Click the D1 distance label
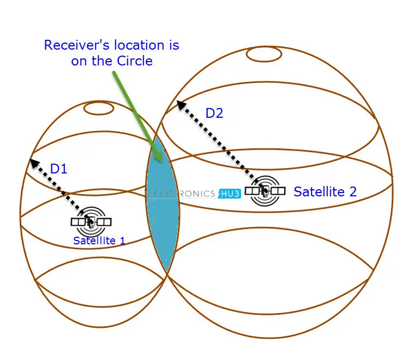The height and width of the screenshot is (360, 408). pyautogui.click(x=58, y=169)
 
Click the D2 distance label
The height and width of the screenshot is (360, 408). pyautogui.click(x=214, y=113)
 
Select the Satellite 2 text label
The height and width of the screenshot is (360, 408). pyautogui.click(x=325, y=191)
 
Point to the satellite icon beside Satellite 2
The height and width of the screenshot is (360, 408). pyautogui.click(x=265, y=190)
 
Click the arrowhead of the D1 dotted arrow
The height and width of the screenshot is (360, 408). pyautogui.click(x=33, y=161)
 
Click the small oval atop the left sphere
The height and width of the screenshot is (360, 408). pyautogui.click(x=99, y=107)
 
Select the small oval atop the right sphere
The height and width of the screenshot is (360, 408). pyautogui.click(x=264, y=54)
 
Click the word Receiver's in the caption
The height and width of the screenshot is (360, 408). pyautogui.click(x=75, y=45)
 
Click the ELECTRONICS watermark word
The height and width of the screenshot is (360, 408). pyautogui.click(x=182, y=193)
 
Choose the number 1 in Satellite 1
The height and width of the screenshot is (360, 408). pyautogui.click(x=122, y=240)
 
